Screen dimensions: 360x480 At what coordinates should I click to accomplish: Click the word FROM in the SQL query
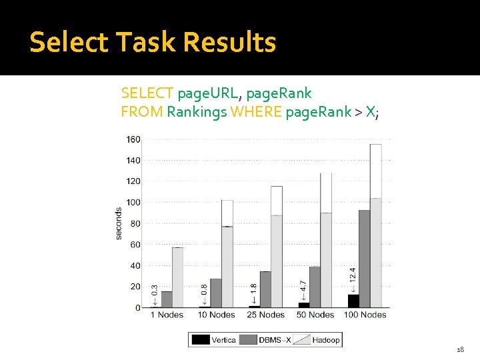[x=141, y=111]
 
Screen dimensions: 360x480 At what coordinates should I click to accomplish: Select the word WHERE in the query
[x=256, y=111]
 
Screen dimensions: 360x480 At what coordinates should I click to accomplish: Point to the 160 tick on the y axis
[x=133, y=139]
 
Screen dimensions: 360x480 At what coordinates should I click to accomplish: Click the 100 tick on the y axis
[x=133, y=202]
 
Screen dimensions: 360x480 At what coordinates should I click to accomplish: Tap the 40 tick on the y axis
[x=135, y=265]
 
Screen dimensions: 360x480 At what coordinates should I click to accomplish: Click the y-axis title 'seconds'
[x=119, y=223]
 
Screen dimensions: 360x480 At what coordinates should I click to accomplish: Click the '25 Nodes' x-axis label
[x=266, y=315]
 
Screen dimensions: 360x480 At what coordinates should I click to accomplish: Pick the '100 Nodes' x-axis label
[x=364, y=315]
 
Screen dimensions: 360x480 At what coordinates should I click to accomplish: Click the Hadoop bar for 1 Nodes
[x=177, y=277]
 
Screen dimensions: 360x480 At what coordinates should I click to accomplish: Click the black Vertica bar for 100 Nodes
[x=353, y=301]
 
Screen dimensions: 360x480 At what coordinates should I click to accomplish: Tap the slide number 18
[x=460, y=349]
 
